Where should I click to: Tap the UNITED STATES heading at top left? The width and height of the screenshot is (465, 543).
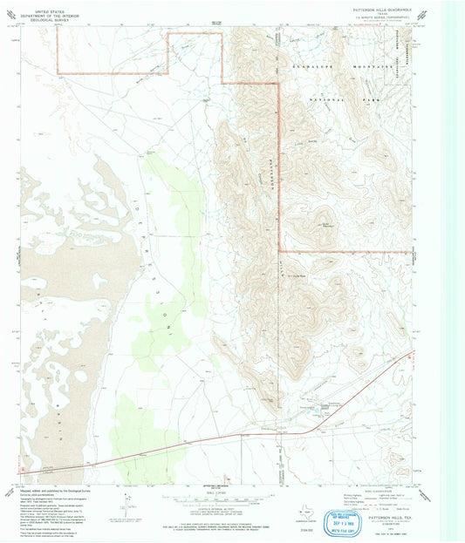(x=49, y=5)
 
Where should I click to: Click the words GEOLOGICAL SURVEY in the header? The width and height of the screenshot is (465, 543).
(x=49, y=15)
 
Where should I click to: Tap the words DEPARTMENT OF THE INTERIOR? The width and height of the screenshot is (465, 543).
(x=49, y=10)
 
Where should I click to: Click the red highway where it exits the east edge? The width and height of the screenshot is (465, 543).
(x=410, y=351)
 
